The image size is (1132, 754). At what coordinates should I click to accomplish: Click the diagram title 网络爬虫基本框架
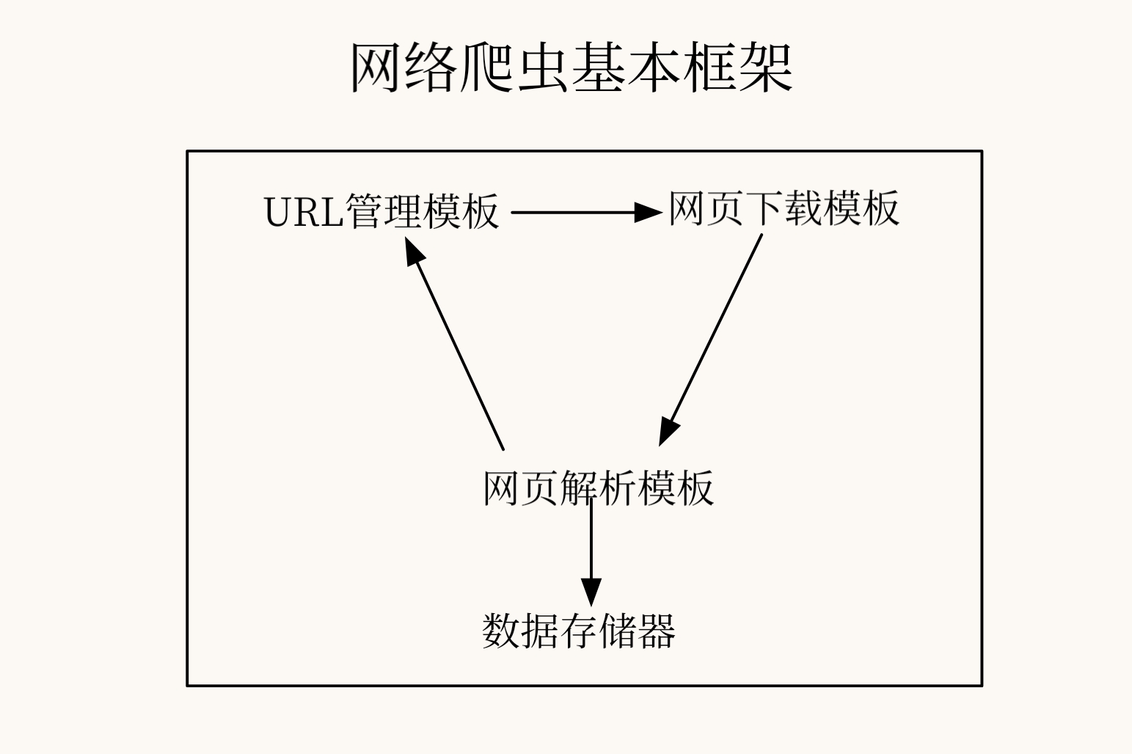coord(572,67)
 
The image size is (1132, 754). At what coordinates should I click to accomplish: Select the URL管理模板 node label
coord(381,212)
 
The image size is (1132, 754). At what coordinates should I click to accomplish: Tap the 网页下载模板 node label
coord(784,208)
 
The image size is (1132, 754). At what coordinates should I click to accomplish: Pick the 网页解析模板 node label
coord(599,488)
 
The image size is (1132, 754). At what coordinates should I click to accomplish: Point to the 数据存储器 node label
coord(579,632)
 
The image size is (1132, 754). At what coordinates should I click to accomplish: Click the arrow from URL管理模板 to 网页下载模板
coord(587,212)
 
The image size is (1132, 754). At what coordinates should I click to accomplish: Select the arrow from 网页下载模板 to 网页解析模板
coord(711,340)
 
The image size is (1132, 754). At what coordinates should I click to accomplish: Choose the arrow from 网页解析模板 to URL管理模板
coord(454,344)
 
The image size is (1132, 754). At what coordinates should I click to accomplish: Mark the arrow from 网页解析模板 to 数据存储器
coord(591,552)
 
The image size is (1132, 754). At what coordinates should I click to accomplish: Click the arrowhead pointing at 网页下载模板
coord(649,212)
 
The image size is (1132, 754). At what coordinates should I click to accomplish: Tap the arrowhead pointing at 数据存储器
coord(591,593)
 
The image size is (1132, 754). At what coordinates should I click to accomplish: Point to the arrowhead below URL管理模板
coord(414,251)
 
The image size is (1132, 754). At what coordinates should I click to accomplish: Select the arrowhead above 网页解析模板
coord(668,433)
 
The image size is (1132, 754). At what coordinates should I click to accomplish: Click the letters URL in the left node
coord(304,213)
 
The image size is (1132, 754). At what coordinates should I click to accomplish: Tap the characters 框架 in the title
coord(738,67)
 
